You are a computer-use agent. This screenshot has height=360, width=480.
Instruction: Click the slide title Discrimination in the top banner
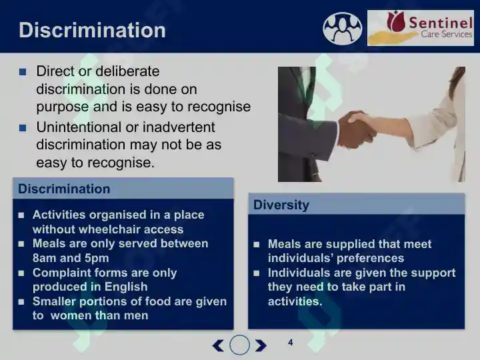[92, 30]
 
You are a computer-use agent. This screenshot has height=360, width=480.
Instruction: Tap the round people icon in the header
[342, 29]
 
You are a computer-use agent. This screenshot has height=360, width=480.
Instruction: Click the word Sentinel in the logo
[441, 23]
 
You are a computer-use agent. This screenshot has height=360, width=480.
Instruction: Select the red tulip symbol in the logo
[395, 21]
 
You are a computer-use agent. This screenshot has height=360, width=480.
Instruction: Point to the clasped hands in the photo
[357, 129]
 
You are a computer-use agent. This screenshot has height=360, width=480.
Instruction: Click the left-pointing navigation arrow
[218, 345]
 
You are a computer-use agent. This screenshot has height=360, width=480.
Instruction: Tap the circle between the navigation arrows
[240, 345]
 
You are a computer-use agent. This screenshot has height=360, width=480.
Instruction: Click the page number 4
[291, 342]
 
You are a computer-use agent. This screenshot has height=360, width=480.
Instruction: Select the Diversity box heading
[281, 205]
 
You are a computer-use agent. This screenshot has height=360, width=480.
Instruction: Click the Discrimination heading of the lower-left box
[64, 189]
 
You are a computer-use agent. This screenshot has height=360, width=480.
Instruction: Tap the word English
[126, 287]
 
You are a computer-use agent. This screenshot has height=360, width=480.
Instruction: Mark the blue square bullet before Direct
[23, 72]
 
